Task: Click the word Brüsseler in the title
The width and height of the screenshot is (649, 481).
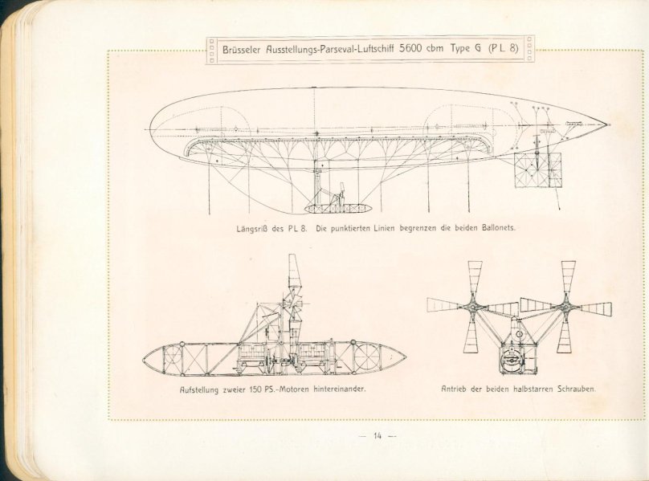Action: [242, 49]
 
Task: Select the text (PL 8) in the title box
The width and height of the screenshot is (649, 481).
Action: [504, 48]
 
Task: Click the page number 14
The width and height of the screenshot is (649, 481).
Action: [377, 435]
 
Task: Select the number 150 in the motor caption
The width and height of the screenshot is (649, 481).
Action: [254, 389]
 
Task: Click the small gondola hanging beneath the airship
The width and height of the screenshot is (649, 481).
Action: [337, 209]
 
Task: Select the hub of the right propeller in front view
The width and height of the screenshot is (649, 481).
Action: [565, 307]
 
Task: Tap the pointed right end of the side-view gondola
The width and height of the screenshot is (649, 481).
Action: [405, 357]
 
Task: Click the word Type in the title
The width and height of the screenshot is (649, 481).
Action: [460, 49]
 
